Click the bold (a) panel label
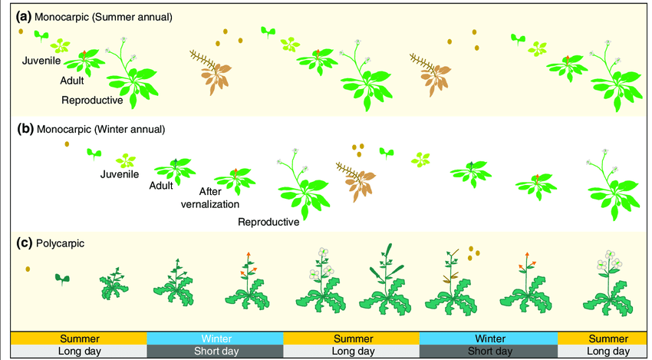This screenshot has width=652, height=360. click(x=25, y=15)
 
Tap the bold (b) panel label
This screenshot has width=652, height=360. click(x=25, y=129)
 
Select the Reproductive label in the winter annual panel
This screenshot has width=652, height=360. click(x=268, y=223)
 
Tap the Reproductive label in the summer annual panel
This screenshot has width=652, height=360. click(x=92, y=100)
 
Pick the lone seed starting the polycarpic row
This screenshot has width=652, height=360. click(x=28, y=269)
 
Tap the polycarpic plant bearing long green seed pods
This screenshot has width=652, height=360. click(x=387, y=284)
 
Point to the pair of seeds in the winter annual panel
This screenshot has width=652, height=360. click(x=357, y=147)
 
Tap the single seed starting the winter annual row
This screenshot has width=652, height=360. click(x=67, y=144)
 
